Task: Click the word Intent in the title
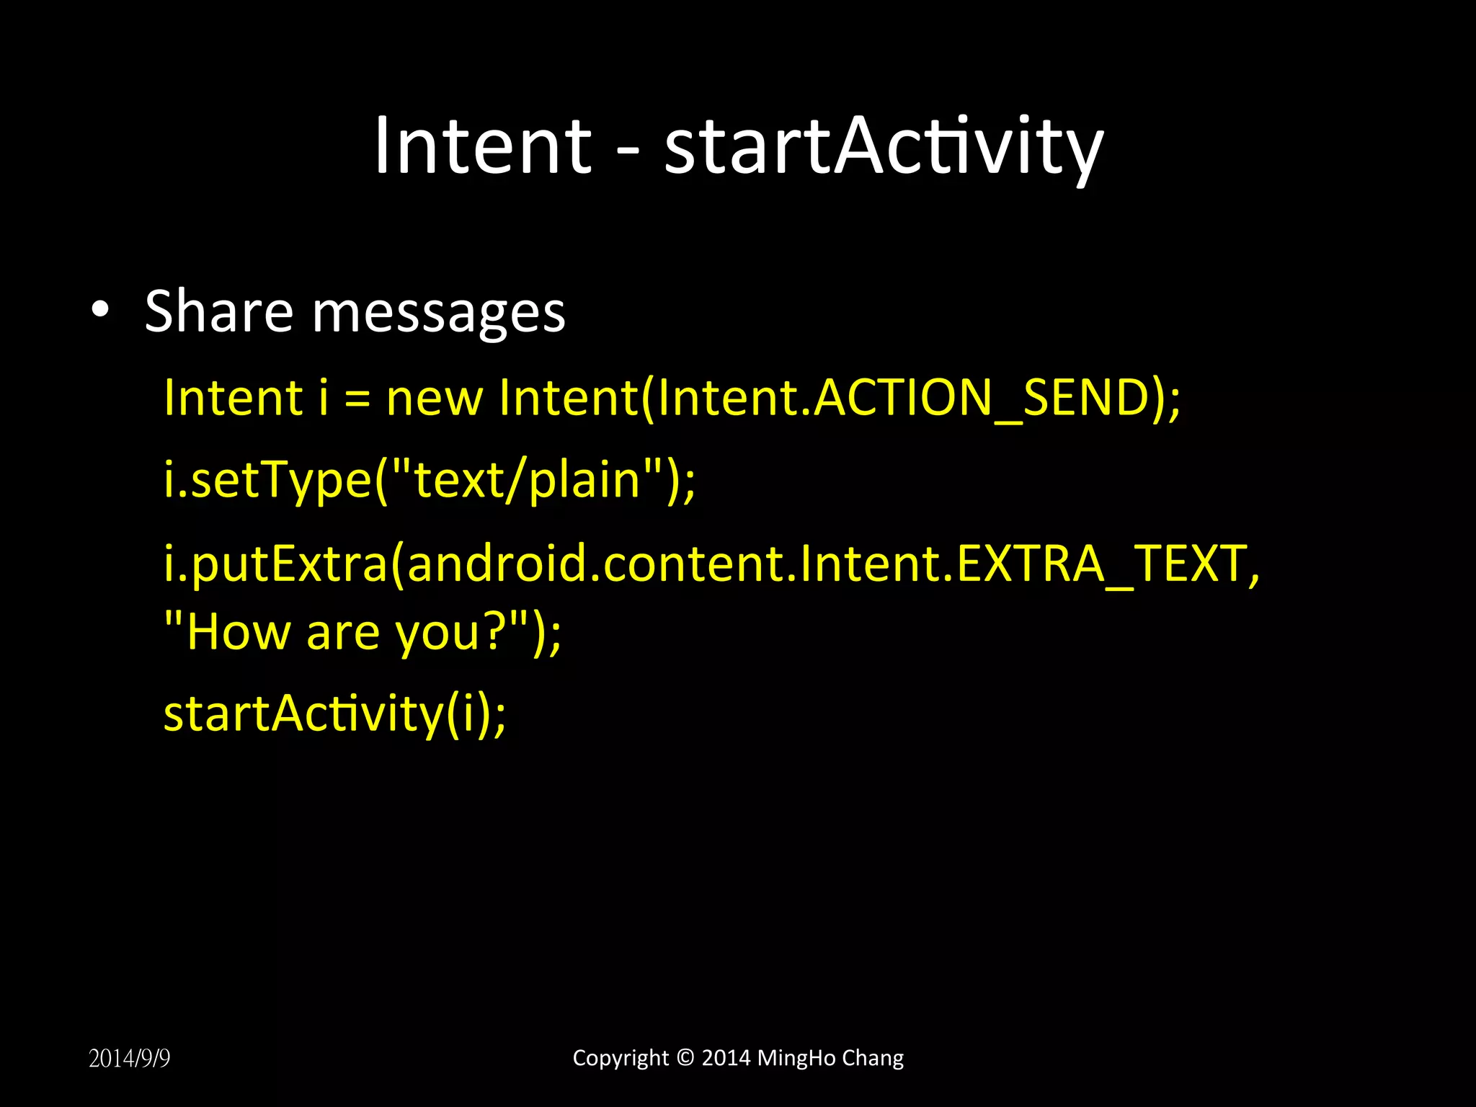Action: tap(482, 146)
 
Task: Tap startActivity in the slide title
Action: tap(883, 148)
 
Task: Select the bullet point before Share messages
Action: tap(100, 310)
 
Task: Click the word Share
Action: tap(218, 311)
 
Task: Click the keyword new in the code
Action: tap(434, 398)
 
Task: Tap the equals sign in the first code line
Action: tap(357, 399)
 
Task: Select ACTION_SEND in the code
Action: tap(980, 398)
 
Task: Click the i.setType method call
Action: tap(267, 481)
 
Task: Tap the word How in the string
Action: tap(238, 632)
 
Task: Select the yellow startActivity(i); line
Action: tap(334, 714)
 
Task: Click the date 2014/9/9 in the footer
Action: tap(129, 1058)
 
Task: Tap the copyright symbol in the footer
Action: tap(685, 1057)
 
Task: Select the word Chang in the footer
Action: tap(873, 1058)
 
